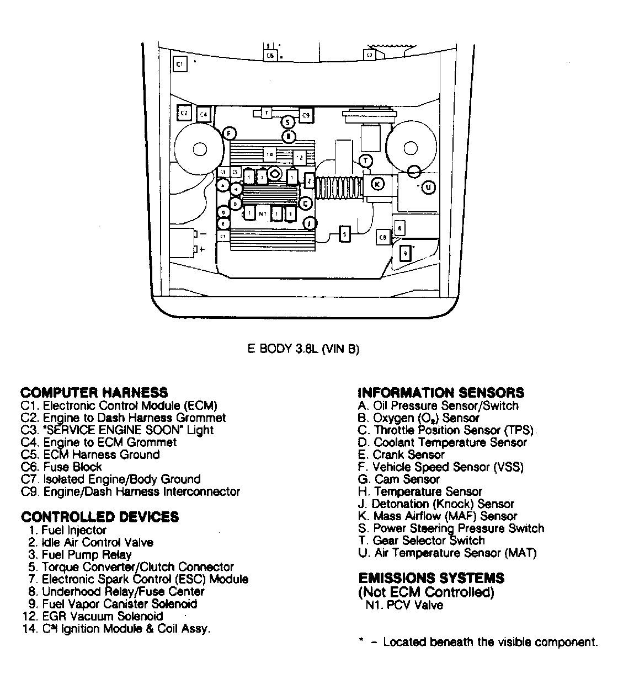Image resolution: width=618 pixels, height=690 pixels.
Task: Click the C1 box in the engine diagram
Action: [180, 64]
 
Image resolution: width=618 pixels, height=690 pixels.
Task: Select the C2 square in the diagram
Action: [185, 113]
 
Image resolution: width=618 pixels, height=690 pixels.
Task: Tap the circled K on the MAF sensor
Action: [378, 184]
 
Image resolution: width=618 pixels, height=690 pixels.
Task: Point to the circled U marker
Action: [429, 188]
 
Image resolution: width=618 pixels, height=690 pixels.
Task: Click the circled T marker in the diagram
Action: [366, 161]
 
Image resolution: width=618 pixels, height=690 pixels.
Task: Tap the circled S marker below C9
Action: [287, 122]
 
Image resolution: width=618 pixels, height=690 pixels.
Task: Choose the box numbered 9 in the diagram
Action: [406, 253]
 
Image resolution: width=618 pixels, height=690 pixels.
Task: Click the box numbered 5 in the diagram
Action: [345, 234]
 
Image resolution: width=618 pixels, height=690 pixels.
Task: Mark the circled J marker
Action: [310, 223]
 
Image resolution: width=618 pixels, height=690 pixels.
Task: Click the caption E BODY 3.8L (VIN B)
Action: [303, 349]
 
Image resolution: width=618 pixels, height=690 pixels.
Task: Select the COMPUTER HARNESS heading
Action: [94, 393]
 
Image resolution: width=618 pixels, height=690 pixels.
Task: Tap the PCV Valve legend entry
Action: [404, 605]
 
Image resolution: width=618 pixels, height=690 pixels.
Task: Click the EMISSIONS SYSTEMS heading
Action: [431, 578]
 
